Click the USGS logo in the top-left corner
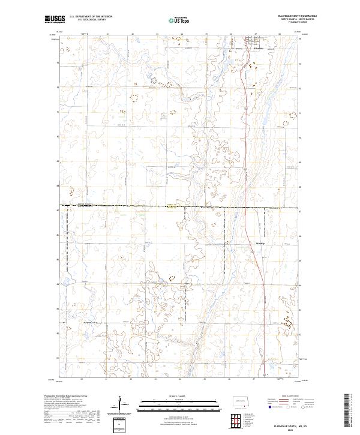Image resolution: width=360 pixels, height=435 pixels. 55,20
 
